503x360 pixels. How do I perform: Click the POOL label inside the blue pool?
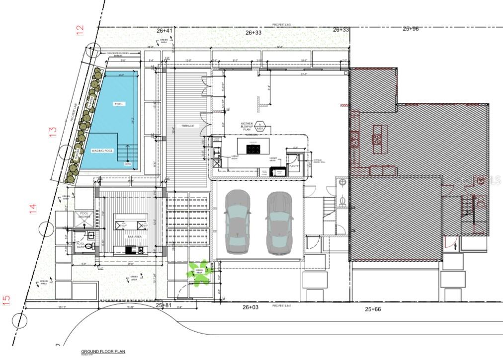point(118,104)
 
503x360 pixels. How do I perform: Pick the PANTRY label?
point(293,166)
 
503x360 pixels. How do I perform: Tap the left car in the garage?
point(238,222)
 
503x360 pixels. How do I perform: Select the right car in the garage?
point(278,223)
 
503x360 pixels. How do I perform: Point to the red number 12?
point(80,30)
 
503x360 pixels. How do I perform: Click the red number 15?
point(6,300)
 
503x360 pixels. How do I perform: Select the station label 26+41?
point(165,31)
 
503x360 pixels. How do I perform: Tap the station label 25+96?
point(411,29)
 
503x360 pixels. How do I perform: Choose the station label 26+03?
point(251,307)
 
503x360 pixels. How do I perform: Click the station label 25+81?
point(164,305)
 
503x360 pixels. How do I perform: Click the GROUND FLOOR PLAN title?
point(103,352)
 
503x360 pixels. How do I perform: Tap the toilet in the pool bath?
point(89,246)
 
